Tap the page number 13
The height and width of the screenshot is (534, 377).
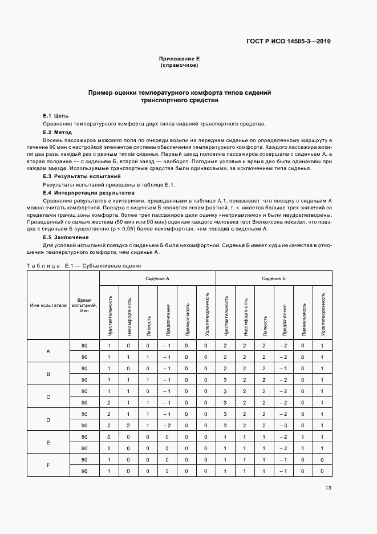coord(327,487)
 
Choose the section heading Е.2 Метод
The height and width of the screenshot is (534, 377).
coord(58,132)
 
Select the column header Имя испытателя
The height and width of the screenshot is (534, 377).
coord(48,305)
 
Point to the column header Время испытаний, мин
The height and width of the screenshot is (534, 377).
coord(84,305)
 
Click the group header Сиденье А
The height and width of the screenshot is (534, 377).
coord(157,278)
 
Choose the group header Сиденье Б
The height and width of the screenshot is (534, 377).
coord(274,278)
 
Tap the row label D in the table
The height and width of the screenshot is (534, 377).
coord(48,419)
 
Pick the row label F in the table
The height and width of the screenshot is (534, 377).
coord(48,465)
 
